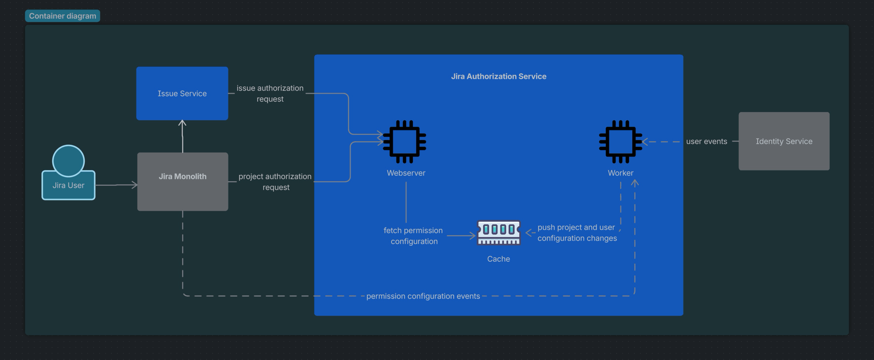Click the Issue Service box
pos(182,93)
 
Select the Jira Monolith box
pos(183,181)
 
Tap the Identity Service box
pos(784,141)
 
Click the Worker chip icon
pos(621,141)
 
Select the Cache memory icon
pos(499,233)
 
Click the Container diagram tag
pos(62,16)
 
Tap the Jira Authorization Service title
pos(498,76)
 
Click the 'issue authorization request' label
pos(270,93)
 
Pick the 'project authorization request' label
pos(275,182)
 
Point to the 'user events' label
pos(706,141)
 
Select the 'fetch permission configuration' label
pos(413,236)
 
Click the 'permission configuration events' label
pos(423,296)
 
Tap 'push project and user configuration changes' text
pos(577,233)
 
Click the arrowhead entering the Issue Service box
pos(182,123)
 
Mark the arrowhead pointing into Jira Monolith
pos(135,185)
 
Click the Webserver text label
pos(406,173)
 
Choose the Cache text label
pos(498,259)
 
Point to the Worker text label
pos(620,173)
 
